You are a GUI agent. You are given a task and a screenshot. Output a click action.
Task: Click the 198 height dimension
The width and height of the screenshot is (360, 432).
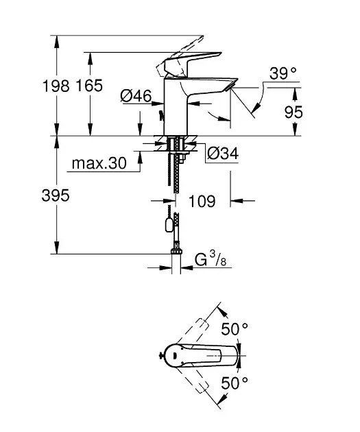pos(56,86)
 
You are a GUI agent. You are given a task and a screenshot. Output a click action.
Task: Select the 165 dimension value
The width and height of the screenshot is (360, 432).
pos(89,86)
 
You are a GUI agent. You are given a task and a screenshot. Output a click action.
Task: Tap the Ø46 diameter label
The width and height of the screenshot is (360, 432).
pos(136,96)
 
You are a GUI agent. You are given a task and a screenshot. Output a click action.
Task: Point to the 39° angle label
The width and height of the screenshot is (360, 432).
pos(283,73)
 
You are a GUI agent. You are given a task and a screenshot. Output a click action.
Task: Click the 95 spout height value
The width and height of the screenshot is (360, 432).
pos(293,112)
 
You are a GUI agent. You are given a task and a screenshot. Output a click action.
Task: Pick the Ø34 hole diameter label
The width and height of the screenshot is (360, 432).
pos(223,153)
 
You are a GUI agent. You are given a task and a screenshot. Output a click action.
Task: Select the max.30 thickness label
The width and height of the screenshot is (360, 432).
pos(99,163)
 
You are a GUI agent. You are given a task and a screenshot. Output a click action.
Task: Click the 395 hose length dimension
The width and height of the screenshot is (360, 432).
pos(56,195)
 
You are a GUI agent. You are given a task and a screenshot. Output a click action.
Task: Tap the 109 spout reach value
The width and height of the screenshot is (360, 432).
pos(202,201)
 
